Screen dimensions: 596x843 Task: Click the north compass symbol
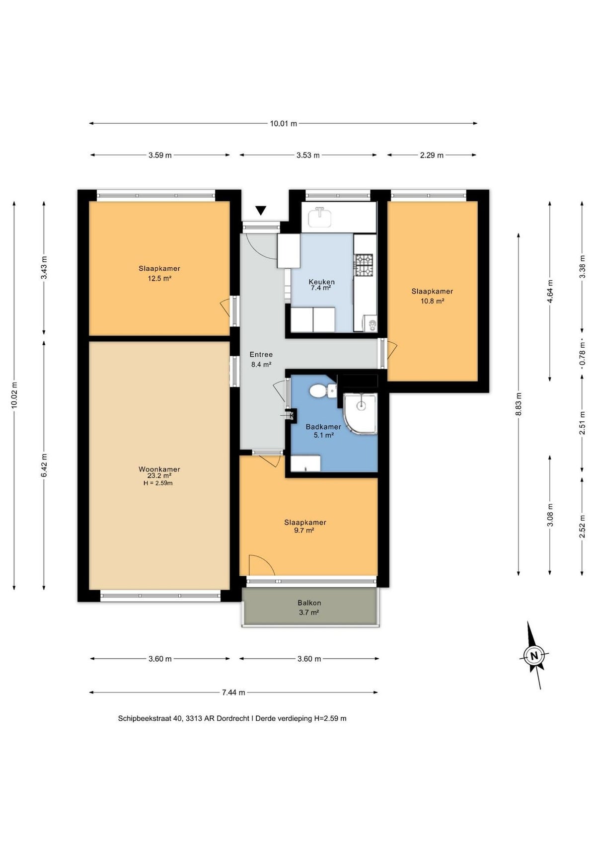[x=533, y=655]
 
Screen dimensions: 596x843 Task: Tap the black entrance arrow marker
[x=261, y=211]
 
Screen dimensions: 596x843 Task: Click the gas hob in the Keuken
[x=364, y=265]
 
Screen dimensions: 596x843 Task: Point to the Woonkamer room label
[x=159, y=469]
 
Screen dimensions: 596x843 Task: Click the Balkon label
[x=309, y=603]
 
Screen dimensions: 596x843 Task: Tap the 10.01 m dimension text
[x=283, y=123]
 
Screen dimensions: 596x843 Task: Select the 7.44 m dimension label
[x=233, y=692]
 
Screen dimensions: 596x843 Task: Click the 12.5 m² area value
[x=159, y=279]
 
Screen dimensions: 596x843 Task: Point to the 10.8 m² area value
[x=432, y=301]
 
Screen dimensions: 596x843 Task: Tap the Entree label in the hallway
[x=261, y=355]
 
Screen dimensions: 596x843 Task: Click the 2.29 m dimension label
[x=432, y=155]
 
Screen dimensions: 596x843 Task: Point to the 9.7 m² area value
[x=305, y=530]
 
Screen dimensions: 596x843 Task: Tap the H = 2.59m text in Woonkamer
[x=158, y=483]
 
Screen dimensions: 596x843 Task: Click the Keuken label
[x=322, y=282]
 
